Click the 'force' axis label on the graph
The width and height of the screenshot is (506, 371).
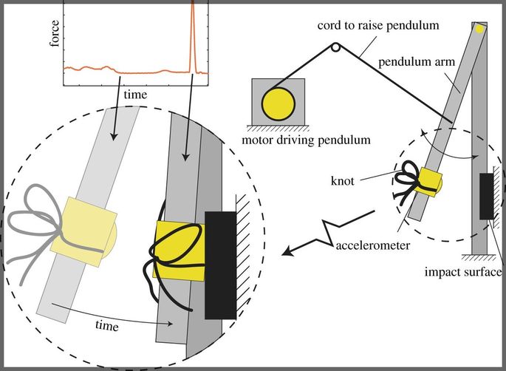point(55,33)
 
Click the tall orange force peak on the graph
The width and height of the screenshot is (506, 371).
point(193,35)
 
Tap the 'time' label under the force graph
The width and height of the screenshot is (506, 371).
point(135,95)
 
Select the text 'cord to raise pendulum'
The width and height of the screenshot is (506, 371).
point(378,26)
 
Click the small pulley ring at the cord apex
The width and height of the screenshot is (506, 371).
point(335,47)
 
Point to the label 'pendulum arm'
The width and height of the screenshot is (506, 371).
point(417,61)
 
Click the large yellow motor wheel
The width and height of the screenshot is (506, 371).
point(278,104)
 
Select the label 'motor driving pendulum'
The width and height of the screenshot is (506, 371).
point(306,140)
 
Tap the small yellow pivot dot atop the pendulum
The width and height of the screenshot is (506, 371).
point(479,29)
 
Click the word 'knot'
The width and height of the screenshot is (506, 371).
point(343,181)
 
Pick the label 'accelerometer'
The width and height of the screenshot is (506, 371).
point(373,245)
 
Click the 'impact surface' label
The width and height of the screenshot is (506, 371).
point(463,272)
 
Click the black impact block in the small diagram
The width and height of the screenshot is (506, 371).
point(486,197)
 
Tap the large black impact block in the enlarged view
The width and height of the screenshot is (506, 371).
point(220,265)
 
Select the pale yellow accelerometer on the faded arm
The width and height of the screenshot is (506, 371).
point(84,231)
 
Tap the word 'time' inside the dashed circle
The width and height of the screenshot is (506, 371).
point(107,325)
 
